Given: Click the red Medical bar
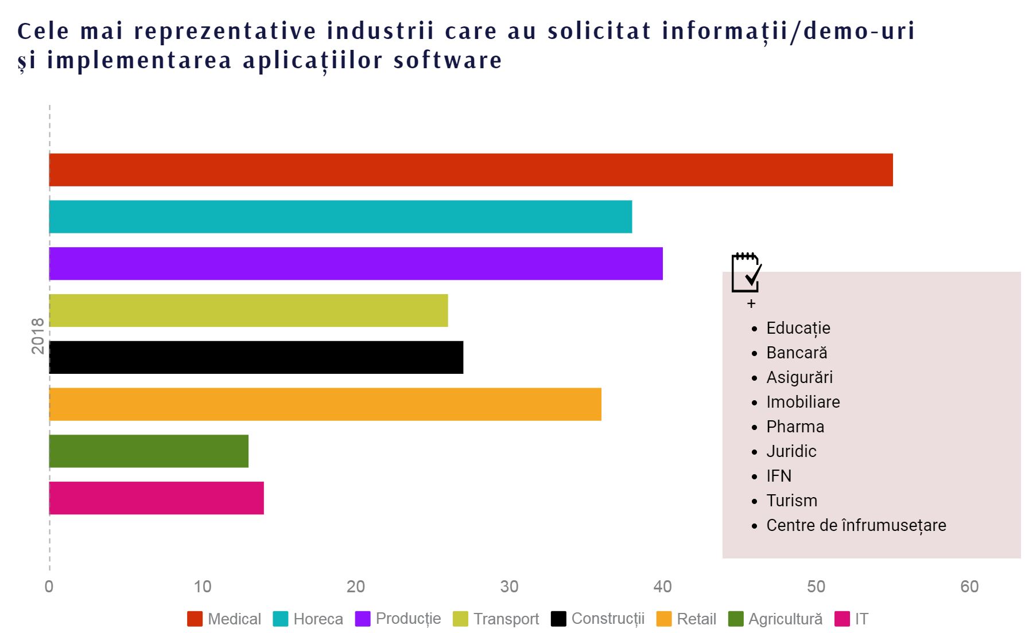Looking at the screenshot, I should pyautogui.click(x=471, y=170).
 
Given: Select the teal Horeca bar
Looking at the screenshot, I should pyautogui.click(x=340, y=217).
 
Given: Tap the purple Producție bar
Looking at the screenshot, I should pyautogui.click(x=356, y=264).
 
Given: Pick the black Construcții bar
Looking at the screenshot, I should pyautogui.click(x=256, y=357).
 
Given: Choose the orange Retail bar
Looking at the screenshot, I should pyautogui.click(x=325, y=404).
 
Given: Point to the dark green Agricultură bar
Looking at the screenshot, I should pyautogui.click(x=149, y=451).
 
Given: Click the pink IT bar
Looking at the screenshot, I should pyautogui.click(x=156, y=498).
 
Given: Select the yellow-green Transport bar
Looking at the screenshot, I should pyautogui.click(x=249, y=310).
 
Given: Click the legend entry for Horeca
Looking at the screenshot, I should pyautogui.click(x=317, y=619).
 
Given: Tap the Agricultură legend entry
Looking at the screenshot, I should pyautogui.click(x=785, y=619).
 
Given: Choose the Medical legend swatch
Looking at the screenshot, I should pyautogui.click(x=195, y=619).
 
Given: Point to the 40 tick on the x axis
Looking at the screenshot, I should pyautogui.click(x=663, y=587).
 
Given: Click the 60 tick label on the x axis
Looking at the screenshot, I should pyautogui.click(x=969, y=587).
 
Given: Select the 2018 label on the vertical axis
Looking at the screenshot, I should pyautogui.click(x=38, y=335).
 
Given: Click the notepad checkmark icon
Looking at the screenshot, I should pyautogui.click(x=746, y=272).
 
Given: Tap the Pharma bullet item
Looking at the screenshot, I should pyautogui.click(x=795, y=427).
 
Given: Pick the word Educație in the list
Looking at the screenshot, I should pyautogui.click(x=798, y=328).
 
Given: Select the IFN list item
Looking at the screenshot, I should pyautogui.click(x=779, y=476).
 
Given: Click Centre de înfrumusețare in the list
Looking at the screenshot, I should pyautogui.click(x=856, y=525).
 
